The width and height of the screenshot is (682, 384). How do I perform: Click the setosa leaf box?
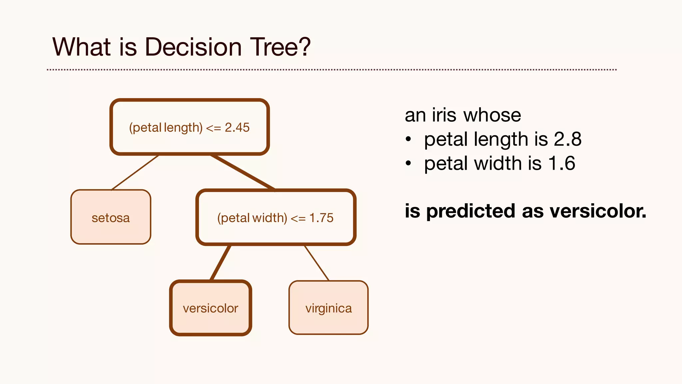(111, 217)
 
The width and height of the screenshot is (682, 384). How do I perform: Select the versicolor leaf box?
(210, 308)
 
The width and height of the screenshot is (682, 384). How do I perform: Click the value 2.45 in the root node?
(237, 127)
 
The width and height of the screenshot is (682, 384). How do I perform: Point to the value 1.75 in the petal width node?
(321, 218)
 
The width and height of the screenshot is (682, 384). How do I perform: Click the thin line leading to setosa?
(135, 173)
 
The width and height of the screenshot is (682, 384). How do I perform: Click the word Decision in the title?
(193, 47)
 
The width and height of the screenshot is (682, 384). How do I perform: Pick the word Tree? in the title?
(280, 47)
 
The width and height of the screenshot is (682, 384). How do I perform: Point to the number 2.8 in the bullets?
(567, 139)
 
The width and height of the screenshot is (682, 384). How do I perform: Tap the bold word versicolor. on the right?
(598, 211)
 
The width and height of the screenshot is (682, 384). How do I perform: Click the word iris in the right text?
(444, 115)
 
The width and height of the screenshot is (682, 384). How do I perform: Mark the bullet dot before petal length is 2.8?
(409, 139)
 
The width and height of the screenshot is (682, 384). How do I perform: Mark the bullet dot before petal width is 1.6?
(409, 163)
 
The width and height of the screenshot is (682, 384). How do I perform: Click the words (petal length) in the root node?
(166, 128)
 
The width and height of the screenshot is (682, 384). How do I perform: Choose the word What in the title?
(82, 47)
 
